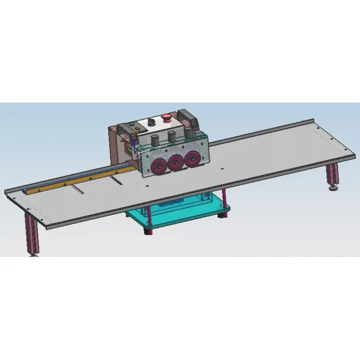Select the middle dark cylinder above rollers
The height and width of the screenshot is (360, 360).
pos(171,137)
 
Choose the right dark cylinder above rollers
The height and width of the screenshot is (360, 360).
pos(188,134)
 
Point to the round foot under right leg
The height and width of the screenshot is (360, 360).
pos(333,187)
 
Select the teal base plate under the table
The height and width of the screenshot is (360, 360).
pos(180,216)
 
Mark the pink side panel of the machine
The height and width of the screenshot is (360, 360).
pos(118,144)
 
